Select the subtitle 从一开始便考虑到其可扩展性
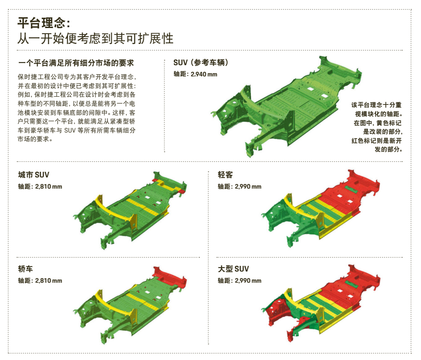point(95,39)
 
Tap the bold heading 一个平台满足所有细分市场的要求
point(76,63)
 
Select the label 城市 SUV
point(34,175)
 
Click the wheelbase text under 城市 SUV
point(40,186)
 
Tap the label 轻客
point(225,175)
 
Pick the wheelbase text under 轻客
point(239,186)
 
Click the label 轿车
point(25,269)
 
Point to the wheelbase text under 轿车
point(40,281)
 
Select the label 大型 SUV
point(233,269)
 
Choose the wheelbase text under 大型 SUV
point(239,281)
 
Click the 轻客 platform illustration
point(321,207)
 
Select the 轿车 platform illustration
point(134,302)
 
